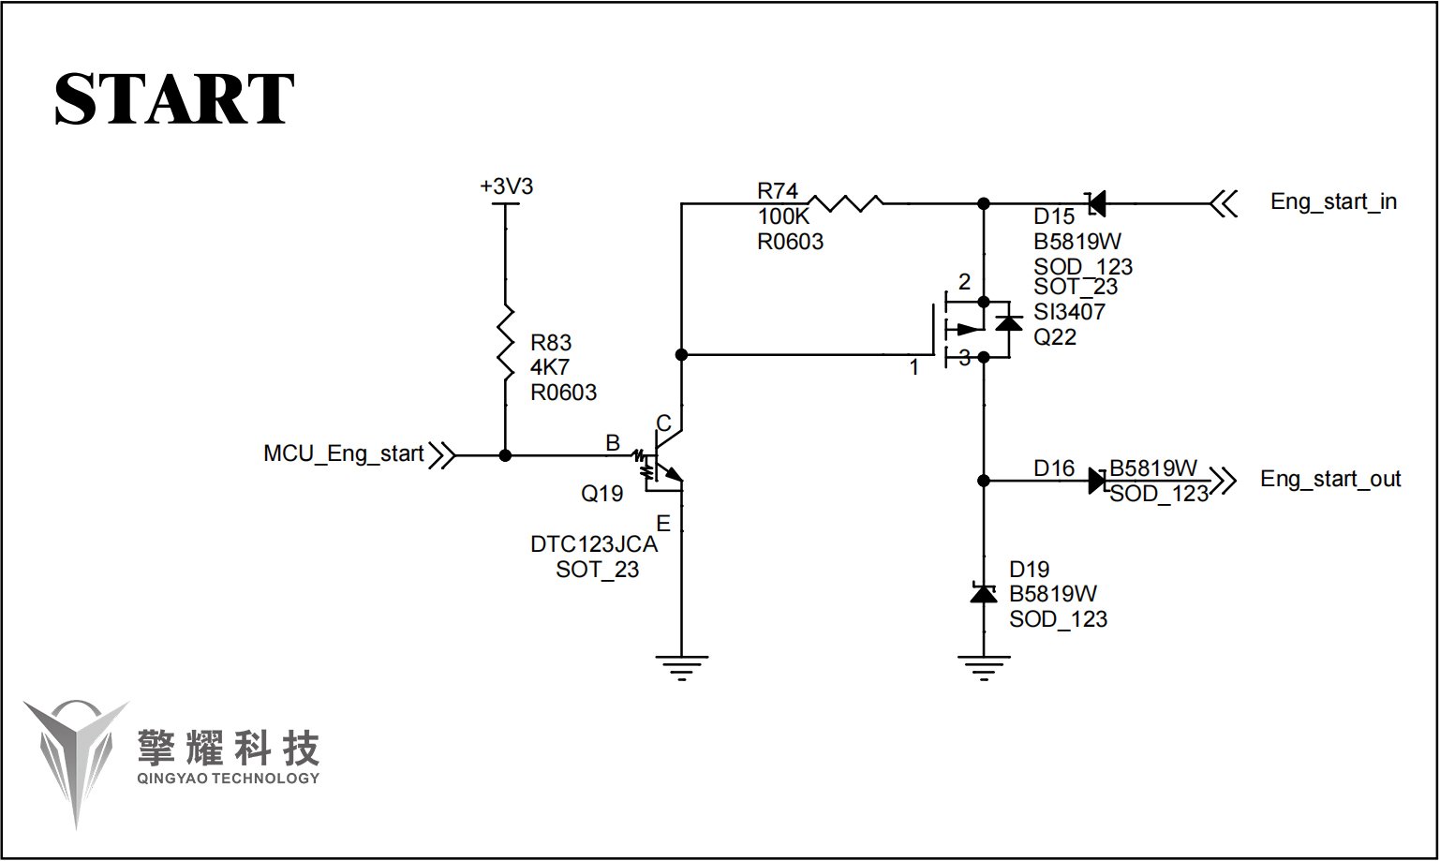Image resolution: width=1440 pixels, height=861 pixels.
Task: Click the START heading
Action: pos(174,99)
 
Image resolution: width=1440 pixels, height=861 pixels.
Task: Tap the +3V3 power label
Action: pos(506,186)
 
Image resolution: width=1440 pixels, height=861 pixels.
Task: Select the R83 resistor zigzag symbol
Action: pos(506,343)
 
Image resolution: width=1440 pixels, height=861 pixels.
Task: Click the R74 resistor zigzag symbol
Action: pos(845,202)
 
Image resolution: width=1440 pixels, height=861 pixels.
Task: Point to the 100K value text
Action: pos(783,216)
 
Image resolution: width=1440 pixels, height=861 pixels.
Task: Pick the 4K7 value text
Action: pos(550,367)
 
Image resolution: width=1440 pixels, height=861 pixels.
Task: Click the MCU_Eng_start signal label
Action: pos(343,454)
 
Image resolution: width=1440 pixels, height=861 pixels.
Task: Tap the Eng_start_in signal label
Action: pos(1333,201)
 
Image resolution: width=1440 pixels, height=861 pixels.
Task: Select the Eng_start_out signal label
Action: pos(1329,480)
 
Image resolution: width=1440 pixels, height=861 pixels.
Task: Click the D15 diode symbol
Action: pos(1095,202)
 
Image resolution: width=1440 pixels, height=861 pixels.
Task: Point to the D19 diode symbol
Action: pos(983,593)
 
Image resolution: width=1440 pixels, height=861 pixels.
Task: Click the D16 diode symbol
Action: pos(1097,481)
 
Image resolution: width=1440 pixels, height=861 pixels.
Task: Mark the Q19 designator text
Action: pos(601,494)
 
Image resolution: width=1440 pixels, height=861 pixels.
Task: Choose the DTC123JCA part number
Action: pos(594,544)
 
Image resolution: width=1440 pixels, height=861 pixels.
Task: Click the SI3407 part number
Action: pos(1069,312)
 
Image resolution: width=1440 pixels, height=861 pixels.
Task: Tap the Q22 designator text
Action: pos(1055,337)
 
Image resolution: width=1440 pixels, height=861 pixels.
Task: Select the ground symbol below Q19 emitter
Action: pos(681,667)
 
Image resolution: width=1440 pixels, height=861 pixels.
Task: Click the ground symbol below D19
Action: pos(983,667)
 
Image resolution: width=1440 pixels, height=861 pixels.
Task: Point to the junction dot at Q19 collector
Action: pos(681,355)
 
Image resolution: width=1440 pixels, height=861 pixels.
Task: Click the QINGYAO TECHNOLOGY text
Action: pos(228,779)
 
